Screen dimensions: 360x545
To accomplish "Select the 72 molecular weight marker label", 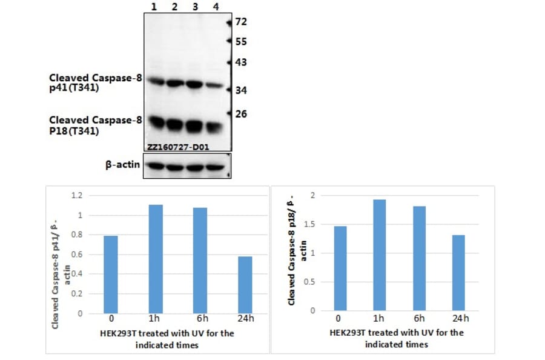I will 241,22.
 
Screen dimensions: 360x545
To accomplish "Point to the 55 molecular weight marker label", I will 241,42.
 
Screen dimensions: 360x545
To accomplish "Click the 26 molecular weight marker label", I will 241,114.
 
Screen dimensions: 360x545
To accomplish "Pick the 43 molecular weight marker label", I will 241,62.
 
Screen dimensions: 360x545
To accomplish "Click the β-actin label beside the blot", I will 124,164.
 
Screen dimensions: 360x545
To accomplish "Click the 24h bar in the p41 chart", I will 245,285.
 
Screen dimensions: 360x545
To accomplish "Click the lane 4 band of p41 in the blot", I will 214,86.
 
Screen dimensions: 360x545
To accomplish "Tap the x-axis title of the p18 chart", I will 397,338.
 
